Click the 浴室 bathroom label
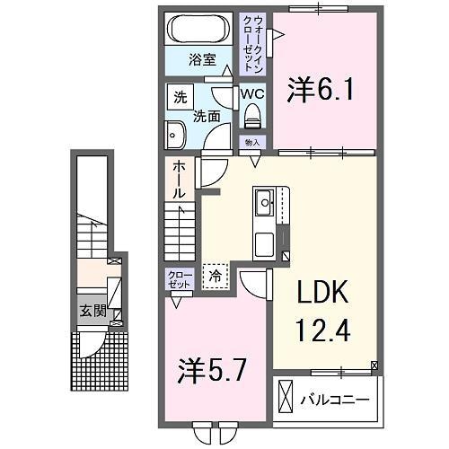202,60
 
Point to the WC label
251,92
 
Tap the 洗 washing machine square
180,97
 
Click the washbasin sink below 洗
174,136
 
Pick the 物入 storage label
251,143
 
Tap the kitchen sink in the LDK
267,202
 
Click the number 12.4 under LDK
321,330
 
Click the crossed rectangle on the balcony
286,395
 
